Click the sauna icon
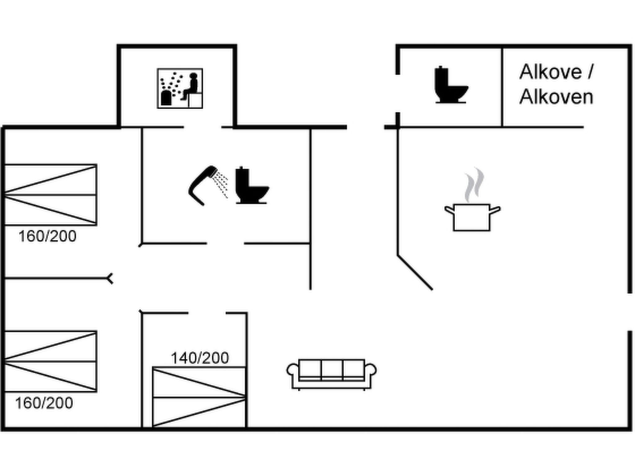[x=180, y=89]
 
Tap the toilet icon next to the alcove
[x=451, y=85]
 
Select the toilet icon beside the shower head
[x=252, y=185]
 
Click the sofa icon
[x=331, y=374]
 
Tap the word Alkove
[x=551, y=72]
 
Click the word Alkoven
[x=556, y=97]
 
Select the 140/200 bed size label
[x=200, y=358]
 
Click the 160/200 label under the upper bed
[x=47, y=236]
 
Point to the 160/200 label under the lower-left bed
[x=44, y=403]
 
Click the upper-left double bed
[x=51, y=195]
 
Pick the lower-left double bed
[x=51, y=361]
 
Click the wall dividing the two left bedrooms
[x=58, y=279]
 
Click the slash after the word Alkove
[x=590, y=72]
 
